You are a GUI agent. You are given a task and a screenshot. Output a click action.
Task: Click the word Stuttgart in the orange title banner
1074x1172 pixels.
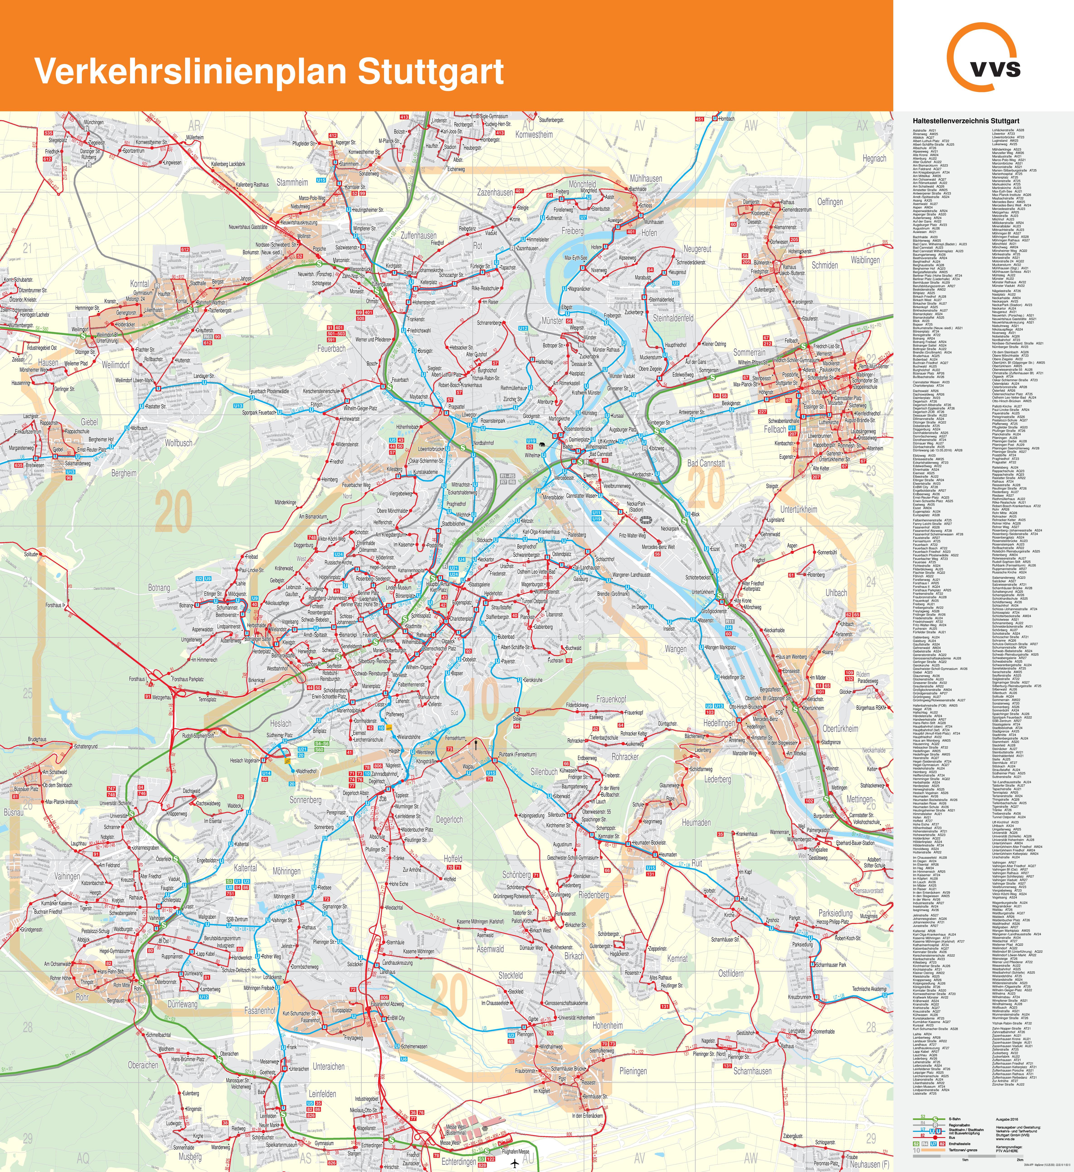[x=430, y=72]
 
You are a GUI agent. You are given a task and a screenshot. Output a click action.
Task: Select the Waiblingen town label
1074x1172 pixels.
[x=865, y=260]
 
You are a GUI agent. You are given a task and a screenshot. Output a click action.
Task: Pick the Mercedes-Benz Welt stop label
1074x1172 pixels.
[x=658, y=547]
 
